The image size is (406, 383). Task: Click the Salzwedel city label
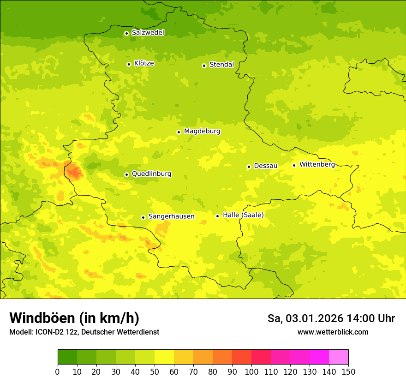(x=148, y=33)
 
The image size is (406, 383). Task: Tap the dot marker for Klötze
(x=129, y=64)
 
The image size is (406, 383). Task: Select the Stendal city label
(x=221, y=65)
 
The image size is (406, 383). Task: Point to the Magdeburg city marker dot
(x=179, y=132)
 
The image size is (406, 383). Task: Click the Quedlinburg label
(x=151, y=174)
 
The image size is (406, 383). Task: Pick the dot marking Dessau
(x=249, y=167)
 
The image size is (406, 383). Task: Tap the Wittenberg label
(x=317, y=165)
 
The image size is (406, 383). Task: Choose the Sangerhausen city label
(x=171, y=216)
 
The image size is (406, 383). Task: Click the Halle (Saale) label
(x=243, y=215)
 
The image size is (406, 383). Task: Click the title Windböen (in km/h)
(x=74, y=318)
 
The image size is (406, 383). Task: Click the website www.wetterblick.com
(x=333, y=332)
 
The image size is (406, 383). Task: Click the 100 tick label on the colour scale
(x=251, y=371)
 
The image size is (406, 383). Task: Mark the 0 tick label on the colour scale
(x=58, y=371)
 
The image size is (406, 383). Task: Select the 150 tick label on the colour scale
(x=348, y=371)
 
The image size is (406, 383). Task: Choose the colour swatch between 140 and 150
(x=339, y=357)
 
